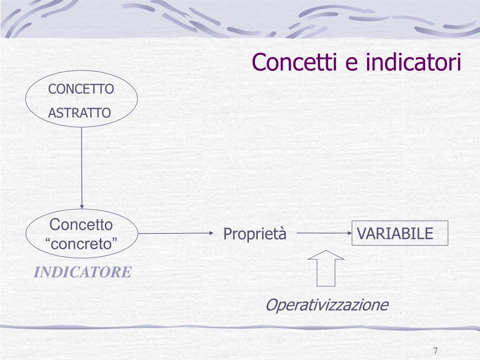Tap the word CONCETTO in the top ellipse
tap(82, 89)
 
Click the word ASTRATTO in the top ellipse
tap(80, 113)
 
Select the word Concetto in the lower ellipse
tap(82, 225)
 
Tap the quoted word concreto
tap(82, 244)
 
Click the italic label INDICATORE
tap(82, 272)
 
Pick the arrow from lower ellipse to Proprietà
tap(173, 233)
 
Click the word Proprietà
tap(255, 234)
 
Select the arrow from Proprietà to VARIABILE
tap(323, 233)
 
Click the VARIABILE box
tap(400, 233)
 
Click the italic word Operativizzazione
tap(327, 305)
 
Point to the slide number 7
tap(435, 351)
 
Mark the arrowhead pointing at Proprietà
tap(210, 233)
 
